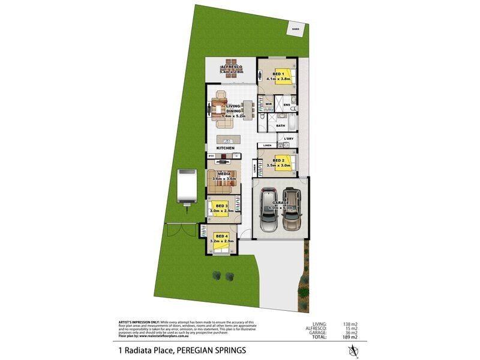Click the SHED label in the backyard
point(295,28)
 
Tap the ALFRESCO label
point(230,66)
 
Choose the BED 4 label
point(221,236)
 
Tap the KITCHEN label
point(226,148)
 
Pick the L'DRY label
point(289,139)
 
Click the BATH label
point(280,125)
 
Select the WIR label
point(269,104)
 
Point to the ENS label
point(287,106)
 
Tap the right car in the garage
point(292,210)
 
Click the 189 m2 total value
point(350,338)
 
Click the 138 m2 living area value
point(350,323)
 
